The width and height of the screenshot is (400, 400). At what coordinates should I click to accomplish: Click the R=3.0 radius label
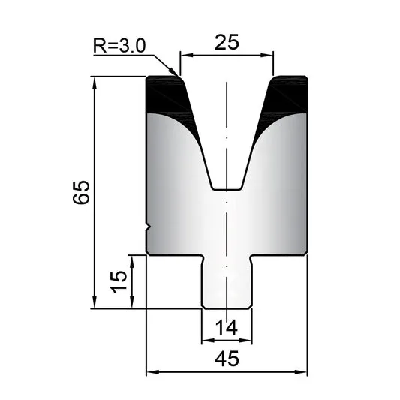[x=119, y=46]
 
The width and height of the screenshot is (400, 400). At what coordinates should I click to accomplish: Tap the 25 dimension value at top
[x=227, y=42]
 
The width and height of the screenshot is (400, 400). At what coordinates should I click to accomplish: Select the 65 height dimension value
[x=81, y=192]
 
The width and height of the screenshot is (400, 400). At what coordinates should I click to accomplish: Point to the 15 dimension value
[x=119, y=281]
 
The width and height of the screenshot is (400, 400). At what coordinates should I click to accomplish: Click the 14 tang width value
[x=227, y=328]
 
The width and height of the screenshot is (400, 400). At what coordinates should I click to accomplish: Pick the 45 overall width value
[x=227, y=359]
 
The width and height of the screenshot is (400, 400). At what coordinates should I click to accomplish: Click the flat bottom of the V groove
[x=227, y=190]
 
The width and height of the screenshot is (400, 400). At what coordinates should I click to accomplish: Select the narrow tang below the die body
[x=227, y=282]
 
